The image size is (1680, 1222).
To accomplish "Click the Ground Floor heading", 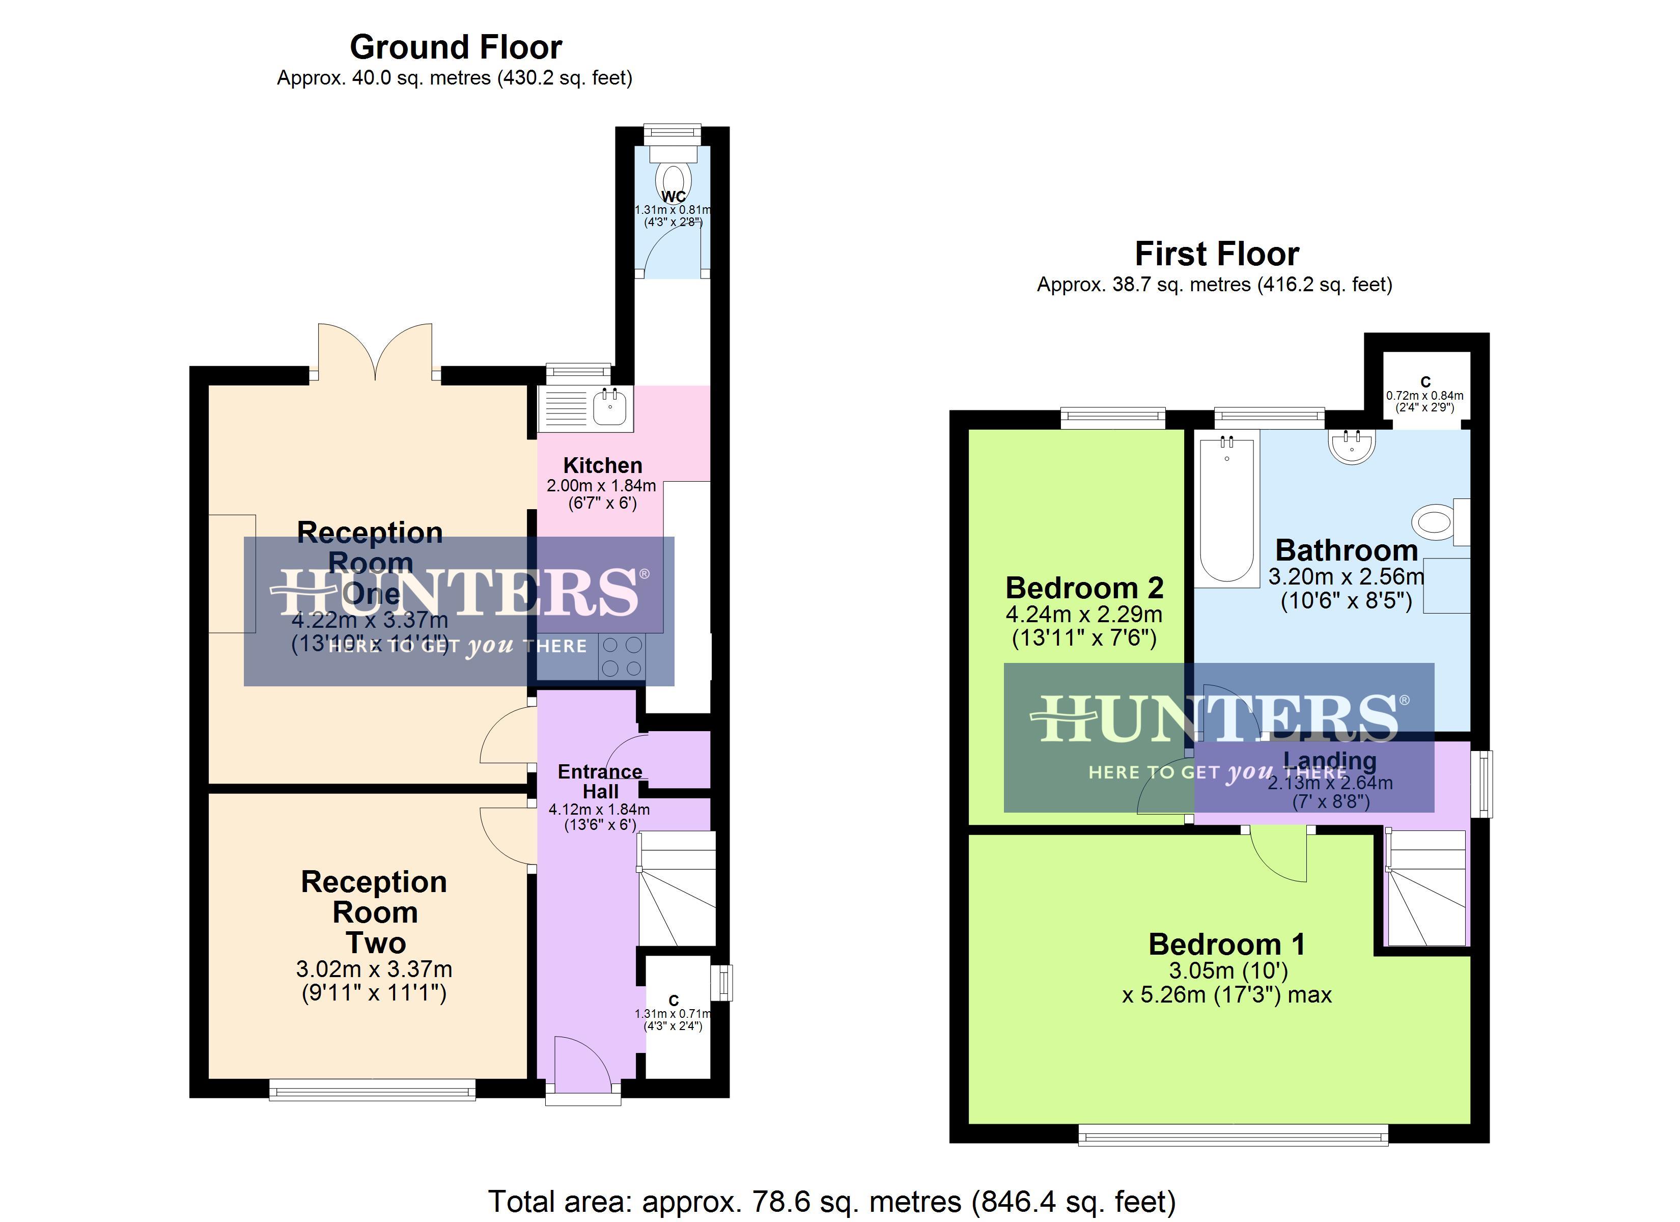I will coord(456,47).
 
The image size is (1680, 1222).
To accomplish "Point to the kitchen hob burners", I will coord(622,657).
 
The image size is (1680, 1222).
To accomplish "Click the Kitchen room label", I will coord(602,465).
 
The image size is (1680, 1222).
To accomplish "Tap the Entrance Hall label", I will coord(600,781).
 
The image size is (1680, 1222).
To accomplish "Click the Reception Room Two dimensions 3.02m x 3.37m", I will coord(374,968).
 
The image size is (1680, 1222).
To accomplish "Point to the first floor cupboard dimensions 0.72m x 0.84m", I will coord(1424,396).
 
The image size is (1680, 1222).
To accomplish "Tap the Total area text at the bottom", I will coord(831,1201).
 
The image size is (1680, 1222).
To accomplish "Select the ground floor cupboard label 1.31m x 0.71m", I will coord(673,1013).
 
